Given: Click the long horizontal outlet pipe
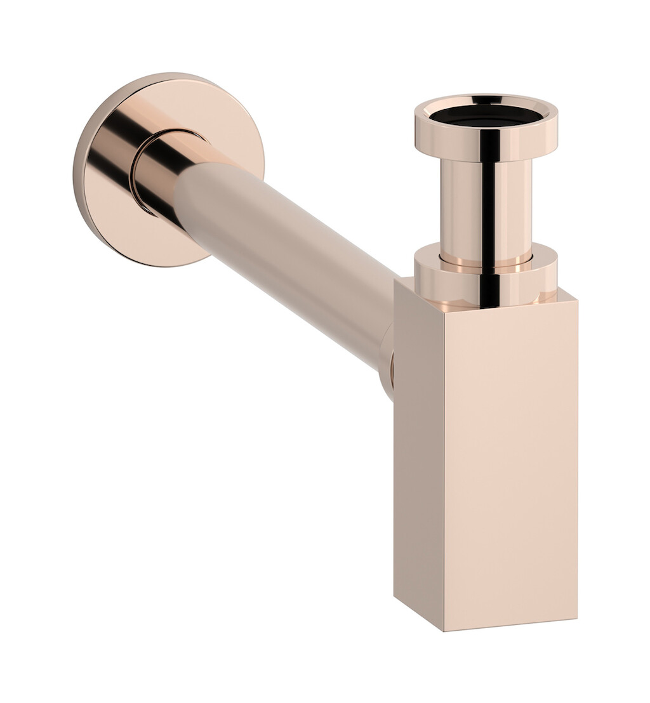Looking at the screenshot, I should click(x=286, y=254).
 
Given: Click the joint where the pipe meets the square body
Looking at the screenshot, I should click(x=387, y=368).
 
